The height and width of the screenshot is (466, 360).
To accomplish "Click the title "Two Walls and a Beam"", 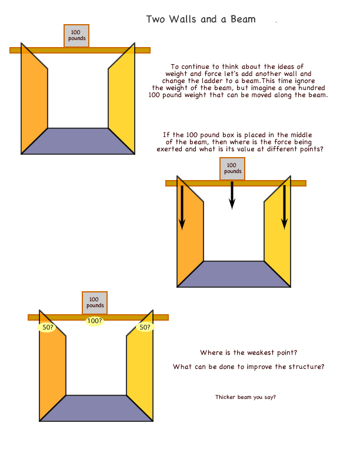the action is tap(201, 19).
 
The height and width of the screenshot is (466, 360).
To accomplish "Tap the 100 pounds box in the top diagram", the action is tap(76, 36).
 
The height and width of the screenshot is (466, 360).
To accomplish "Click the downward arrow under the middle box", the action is tap(232, 195).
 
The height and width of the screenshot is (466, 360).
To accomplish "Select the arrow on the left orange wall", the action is tap(182, 208).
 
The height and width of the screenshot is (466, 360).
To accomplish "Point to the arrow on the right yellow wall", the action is tap(284, 207).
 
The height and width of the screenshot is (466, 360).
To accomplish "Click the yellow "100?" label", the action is tap(95, 321).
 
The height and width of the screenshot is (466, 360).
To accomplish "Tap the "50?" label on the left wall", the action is tap(47, 327).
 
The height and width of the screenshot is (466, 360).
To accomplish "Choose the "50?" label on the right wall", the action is tap(145, 327).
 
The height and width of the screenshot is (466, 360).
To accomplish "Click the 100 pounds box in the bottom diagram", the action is tap(95, 303).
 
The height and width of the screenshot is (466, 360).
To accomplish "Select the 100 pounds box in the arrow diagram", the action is tap(232, 169).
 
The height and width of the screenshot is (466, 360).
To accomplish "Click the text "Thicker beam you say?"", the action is tap(245, 397).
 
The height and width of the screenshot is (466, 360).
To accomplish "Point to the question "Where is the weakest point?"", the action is tap(249, 352).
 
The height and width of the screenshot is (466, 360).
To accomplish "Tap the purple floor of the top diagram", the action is tap(78, 141).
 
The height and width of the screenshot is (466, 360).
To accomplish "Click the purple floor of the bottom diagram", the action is tap(96, 408).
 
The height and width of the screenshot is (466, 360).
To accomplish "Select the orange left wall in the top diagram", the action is tap(34, 99).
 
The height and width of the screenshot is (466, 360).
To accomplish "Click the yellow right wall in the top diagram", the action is tap(122, 99).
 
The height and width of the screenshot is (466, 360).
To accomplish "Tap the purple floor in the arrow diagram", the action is tap(234, 274).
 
